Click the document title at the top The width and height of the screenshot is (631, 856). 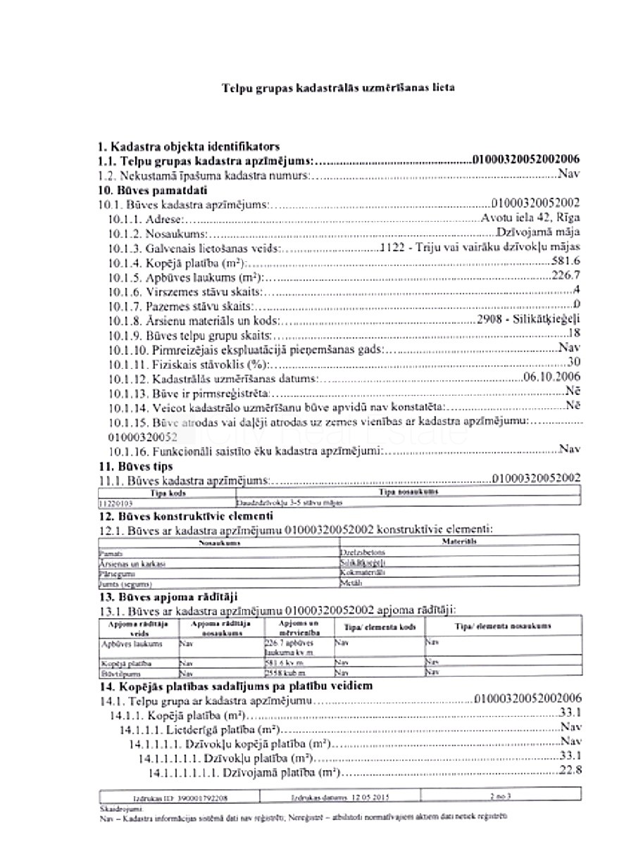coord(338,89)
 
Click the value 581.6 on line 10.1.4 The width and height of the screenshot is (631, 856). coord(567,262)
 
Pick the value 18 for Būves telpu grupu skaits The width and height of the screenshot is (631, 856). coord(574,333)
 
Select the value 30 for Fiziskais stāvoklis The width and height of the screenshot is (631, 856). coord(574,363)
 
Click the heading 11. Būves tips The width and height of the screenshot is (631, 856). coord(135,466)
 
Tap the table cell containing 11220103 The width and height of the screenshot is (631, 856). coord(116,504)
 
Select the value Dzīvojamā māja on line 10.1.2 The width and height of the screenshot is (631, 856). coord(538,232)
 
